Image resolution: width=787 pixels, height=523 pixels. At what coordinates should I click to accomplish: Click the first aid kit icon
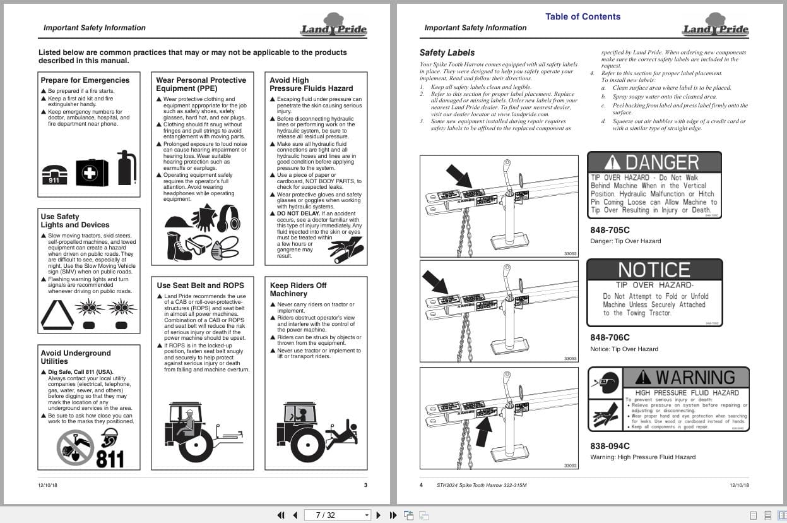pos(92,172)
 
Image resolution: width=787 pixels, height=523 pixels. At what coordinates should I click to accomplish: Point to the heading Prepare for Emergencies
pos(85,80)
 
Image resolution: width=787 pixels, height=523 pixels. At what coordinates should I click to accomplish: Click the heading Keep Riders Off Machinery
pos(298,289)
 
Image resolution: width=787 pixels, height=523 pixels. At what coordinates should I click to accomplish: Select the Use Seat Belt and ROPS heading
pos(200,286)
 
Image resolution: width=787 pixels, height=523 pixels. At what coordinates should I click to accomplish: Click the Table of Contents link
pos(583,17)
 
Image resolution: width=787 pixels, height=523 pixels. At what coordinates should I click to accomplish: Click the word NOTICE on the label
pos(654,270)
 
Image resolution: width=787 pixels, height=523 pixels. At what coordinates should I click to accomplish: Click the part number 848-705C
pos(610,230)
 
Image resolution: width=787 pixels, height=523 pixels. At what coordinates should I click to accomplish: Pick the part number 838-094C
pos(610,446)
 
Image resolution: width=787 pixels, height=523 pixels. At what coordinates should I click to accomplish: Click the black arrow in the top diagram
pos(459,176)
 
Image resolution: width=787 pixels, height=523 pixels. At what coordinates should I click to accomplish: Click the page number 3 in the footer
pos(365,485)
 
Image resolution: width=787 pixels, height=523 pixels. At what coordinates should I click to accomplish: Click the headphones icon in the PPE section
pos(228,217)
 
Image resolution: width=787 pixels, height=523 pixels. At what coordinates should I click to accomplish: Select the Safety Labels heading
pos(447,52)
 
